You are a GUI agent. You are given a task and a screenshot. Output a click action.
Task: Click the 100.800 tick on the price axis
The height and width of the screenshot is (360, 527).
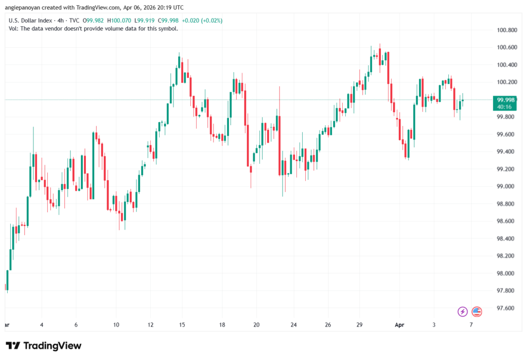point(505,30)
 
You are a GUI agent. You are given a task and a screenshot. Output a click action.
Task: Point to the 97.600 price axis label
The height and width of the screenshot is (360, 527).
point(505,308)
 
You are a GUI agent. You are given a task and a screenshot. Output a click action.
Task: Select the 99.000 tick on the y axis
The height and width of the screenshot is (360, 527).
point(505,186)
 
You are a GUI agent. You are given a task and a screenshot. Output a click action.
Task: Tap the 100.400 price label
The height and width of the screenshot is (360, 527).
point(505,65)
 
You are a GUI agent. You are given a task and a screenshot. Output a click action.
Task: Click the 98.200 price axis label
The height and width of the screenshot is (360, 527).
point(505,256)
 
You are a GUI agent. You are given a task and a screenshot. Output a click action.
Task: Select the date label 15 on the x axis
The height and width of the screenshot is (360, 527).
point(182,325)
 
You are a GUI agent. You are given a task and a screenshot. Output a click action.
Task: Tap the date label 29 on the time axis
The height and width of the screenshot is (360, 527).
point(360,325)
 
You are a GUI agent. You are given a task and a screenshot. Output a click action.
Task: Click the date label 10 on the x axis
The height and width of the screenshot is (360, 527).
point(116,325)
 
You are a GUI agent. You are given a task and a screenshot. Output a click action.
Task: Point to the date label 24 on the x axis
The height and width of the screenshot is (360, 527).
point(293,325)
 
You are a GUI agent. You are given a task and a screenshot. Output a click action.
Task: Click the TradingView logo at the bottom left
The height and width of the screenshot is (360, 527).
point(44,346)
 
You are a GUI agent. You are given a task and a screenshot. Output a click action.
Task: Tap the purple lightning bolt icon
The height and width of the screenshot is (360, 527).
point(462,311)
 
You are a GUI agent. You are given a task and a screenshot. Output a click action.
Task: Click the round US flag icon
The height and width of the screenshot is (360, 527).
point(477,311)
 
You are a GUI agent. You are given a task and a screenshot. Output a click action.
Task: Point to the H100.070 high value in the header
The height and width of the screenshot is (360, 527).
point(122,20)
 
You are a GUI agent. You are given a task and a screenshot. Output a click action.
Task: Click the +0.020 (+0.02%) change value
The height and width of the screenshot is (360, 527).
point(204,20)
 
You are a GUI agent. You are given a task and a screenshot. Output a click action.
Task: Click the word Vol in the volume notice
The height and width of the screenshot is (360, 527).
point(13,28)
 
